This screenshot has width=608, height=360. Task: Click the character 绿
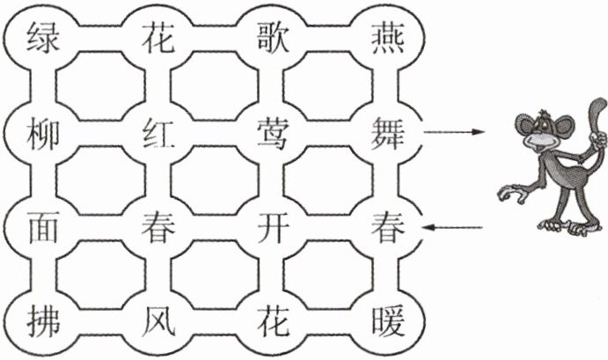click(40, 38)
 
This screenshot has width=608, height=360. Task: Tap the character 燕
click(386, 38)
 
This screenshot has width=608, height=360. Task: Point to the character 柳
click(40, 134)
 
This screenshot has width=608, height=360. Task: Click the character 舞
click(386, 134)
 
